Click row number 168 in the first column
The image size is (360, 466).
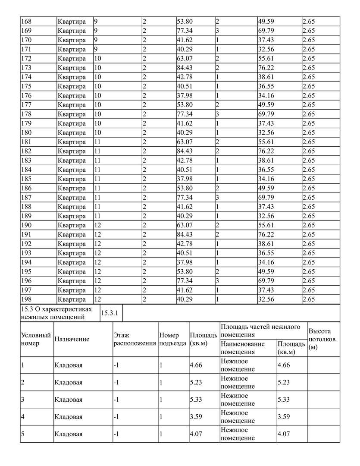26,21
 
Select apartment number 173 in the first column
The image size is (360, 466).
26,68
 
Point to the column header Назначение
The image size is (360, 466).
72,339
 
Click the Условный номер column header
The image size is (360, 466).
36,339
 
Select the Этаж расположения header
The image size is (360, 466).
135,339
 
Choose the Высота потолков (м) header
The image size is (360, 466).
322,339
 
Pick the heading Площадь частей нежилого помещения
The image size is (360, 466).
260,331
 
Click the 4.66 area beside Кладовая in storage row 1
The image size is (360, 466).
196,365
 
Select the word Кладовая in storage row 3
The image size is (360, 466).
69,400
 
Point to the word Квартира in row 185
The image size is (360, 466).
72,179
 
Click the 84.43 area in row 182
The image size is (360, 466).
184,151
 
